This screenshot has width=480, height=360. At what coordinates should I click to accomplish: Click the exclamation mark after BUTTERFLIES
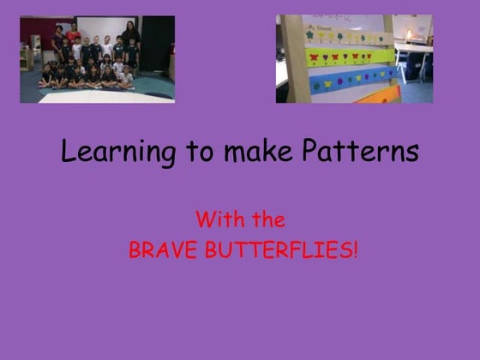[354, 251]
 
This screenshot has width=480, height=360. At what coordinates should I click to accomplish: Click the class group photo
[97, 58]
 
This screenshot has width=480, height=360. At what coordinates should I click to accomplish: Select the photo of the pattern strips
[354, 58]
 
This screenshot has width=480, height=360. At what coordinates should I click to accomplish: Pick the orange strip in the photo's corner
[377, 93]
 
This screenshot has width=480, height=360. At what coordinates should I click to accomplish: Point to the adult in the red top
[72, 37]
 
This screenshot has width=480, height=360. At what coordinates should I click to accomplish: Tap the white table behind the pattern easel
[412, 51]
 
